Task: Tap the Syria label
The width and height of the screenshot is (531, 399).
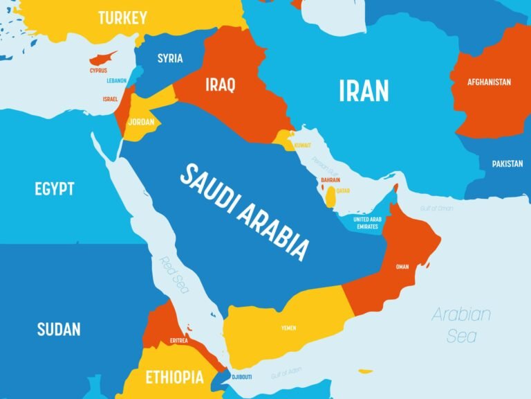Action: pyautogui.click(x=170, y=58)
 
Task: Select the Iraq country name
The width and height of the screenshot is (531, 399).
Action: pyautogui.click(x=220, y=85)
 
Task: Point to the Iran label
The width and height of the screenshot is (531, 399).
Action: pyautogui.click(x=363, y=91)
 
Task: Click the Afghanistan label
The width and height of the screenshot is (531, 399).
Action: pyautogui.click(x=489, y=82)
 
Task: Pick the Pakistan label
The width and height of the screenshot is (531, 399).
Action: pyautogui.click(x=507, y=164)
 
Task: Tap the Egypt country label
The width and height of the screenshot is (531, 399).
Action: pyautogui.click(x=54, y=188)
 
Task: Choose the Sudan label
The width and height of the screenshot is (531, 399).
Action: pyautogui.click(x=59, y=328)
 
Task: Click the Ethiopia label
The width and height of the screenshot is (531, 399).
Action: pyautogui.click(x=174, y=378)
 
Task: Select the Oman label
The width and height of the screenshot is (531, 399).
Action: pyautogui.click(x=402, y=267)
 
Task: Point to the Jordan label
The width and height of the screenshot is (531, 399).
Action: pyautogui.click(x=141, y=121)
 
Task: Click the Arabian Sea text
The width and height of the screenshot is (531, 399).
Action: pyautogui.click(x=461, y=325)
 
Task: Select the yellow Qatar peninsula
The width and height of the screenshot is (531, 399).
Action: pyautogui.click(x=332, y=197)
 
